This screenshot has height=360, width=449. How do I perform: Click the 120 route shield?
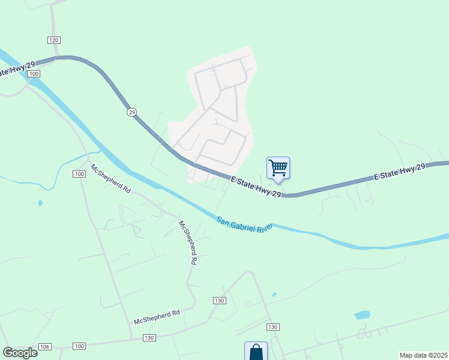click(54, 40)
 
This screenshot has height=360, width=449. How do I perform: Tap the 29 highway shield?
click(131, 112)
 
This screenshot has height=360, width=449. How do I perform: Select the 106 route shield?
click(45, 347)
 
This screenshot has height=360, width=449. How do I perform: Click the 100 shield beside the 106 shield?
click(79, 347)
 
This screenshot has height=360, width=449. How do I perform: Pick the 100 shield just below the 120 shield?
click(34, 73)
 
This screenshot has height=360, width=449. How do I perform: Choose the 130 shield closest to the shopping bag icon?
click(273, 327)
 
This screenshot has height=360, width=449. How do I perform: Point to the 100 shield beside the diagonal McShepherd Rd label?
click(79, 174)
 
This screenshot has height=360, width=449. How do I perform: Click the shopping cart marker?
click(278, 168)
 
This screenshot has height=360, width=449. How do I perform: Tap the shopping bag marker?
click(256, 351)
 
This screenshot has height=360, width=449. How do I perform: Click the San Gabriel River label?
click(245, 224)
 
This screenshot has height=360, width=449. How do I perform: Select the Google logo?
click(20, 352)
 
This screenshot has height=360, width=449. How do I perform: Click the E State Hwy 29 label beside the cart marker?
click(256, 185)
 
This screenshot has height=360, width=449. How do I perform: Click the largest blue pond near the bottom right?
click(362, 314)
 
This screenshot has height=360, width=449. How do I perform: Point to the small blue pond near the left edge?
click(40, 203)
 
